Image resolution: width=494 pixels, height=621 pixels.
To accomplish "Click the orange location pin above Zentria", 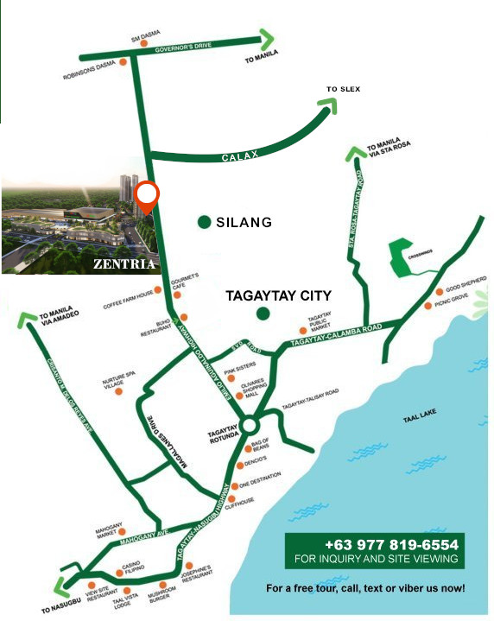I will tap(148, 194).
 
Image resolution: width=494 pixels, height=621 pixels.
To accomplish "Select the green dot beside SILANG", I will tap(204, 222).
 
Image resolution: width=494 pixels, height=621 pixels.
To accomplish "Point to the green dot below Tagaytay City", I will tap(263, 313).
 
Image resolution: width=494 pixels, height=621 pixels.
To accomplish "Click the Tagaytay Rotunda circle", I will tap(250, 425).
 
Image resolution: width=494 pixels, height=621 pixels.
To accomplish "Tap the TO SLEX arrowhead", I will tap(328, 105).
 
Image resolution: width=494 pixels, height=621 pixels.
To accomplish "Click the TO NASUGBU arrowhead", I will tap(62, 586).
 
